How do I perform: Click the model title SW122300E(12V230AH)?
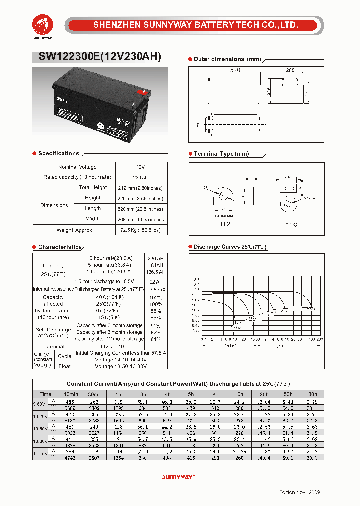click(x=100, y=57)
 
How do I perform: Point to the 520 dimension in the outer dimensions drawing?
click(x=235, y=70)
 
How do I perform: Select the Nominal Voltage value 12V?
click(x=140, y=167)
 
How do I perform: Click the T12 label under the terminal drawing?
click(x=225, y=225)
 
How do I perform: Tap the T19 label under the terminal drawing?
click(x=291, y=225)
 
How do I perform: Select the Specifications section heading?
click(x=58, y=153)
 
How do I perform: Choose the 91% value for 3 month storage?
click(x=155, y=325)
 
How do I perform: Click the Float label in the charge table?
click(x=65, y=366)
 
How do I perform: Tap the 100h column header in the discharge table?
click(x=311, y=394)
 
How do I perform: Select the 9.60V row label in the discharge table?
click(x=39, y=404)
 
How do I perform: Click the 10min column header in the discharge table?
click(x=71, y=394)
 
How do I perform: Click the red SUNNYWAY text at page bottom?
click(x=177, y=476)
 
